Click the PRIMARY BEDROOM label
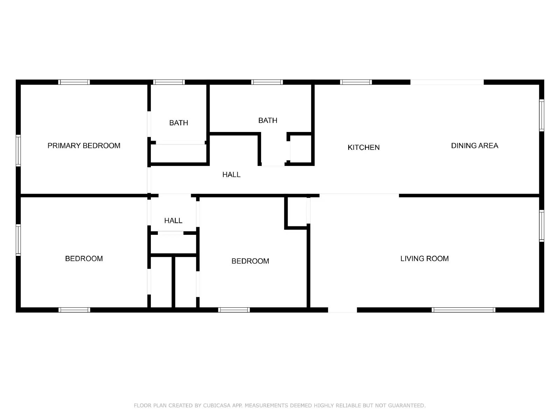[84, 146]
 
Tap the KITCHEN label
[363, 147]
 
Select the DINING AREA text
[474, 146]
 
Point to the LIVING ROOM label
[424, 259]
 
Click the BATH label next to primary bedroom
[178, 123]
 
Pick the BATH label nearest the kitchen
[268, 120]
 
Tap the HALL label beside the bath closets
[231, 175]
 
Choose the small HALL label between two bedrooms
[173, 220]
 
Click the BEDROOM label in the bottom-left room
[84, 259]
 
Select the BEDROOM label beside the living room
[250, 261]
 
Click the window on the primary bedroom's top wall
[74, 82]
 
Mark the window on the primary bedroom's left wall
[18, 150]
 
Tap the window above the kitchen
[356, 82]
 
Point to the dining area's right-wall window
[541, 115]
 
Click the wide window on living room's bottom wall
[463, 310]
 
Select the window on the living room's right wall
[541, 226]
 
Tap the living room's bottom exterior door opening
[342, 310]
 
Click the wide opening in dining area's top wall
[447, 82]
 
